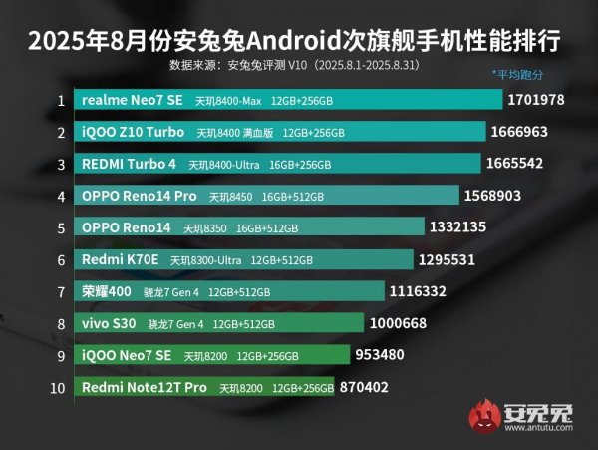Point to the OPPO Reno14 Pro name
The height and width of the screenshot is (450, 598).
coord(139,196)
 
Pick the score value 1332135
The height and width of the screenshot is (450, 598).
coord(457,227)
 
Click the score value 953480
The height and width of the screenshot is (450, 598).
coord(384,355)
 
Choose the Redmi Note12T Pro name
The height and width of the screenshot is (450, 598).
coord(145,387)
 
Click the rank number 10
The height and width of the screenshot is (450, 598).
coord(60,387)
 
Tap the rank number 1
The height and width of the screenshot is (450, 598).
coord(61,101)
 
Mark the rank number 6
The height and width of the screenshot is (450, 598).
coord(61,259)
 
